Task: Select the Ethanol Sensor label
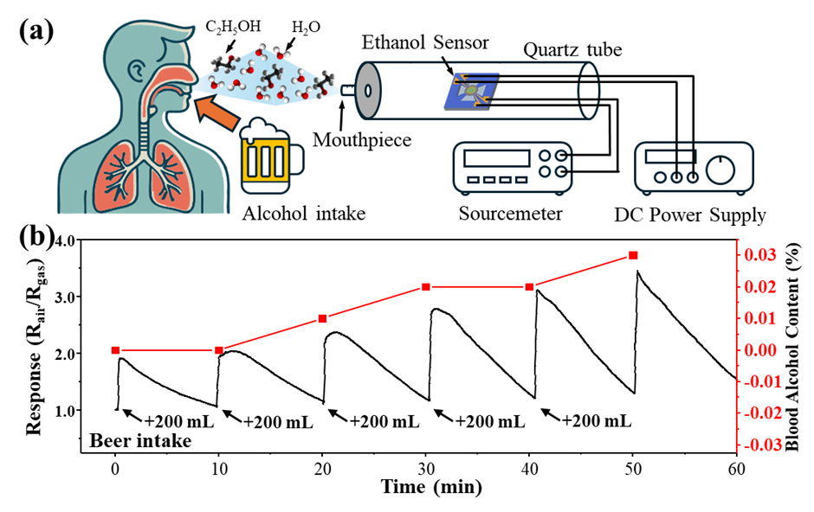425,42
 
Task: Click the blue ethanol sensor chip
471,91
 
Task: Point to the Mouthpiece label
362,139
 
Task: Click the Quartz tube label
572,50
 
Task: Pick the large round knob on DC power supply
720,170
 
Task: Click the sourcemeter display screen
497,158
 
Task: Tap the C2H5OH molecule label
233,27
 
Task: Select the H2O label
306,28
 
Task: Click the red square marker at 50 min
633,255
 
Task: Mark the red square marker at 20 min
322,319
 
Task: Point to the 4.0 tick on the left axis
63,240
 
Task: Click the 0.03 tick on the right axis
760,255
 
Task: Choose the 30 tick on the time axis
426,470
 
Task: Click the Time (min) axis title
431,487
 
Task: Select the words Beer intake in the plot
140,441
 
